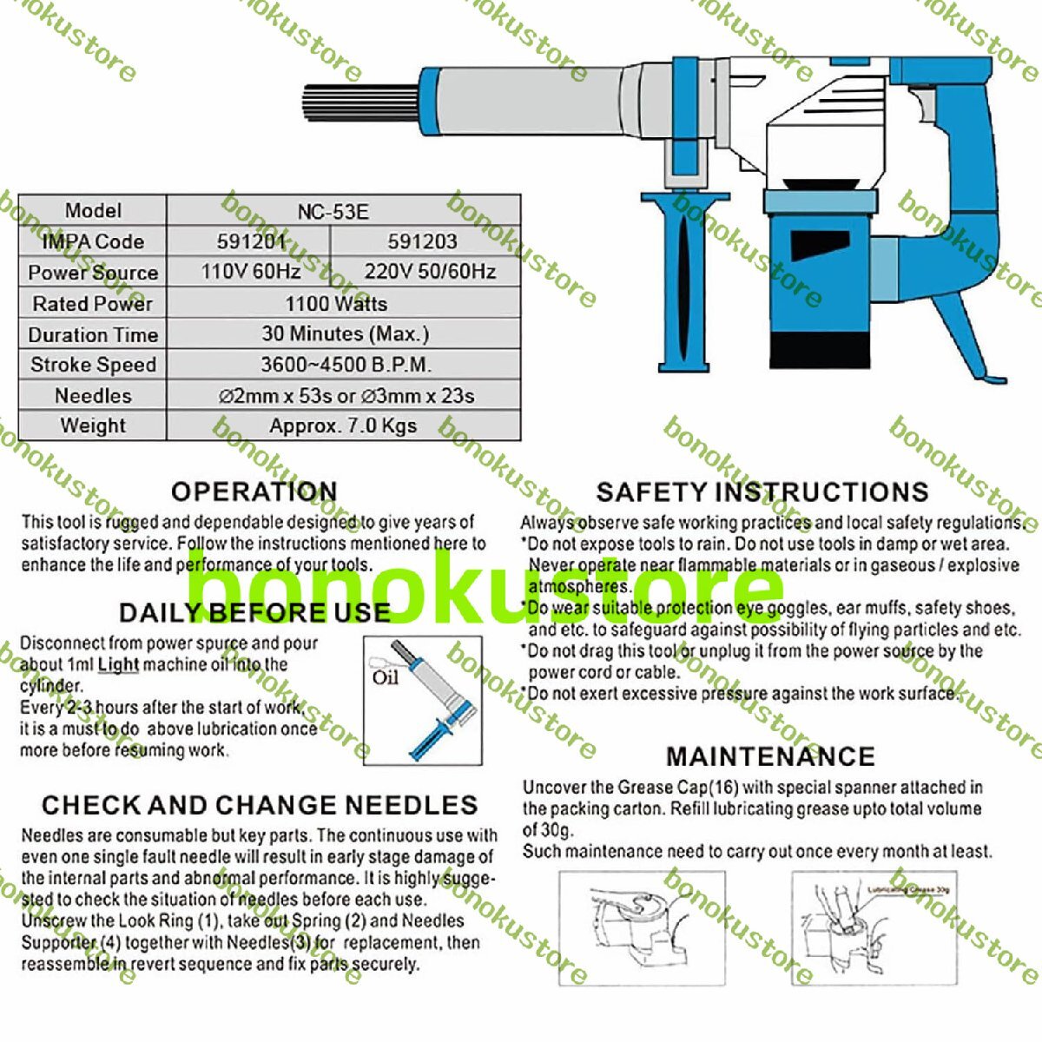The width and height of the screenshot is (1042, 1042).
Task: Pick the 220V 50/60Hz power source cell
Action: (430, 272)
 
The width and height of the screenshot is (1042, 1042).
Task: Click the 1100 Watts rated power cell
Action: (336, 304)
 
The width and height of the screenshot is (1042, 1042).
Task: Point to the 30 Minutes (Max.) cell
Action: (345, 333)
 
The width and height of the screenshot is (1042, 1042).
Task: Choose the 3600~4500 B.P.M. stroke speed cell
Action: (346, 365)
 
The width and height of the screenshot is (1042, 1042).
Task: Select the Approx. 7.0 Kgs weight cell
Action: (342, 426)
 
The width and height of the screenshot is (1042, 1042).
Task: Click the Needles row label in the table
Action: (93, 396)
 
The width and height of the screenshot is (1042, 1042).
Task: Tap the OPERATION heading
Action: (254, 491)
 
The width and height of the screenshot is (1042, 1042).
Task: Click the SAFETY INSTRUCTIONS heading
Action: (762, 492)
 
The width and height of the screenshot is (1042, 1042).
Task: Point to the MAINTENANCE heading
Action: (770, 756)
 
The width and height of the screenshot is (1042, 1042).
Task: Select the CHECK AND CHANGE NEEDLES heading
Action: (260, 805)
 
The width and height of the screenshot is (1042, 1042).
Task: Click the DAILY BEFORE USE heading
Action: (254, 612)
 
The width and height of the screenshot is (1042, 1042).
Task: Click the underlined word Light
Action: (118, 665)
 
